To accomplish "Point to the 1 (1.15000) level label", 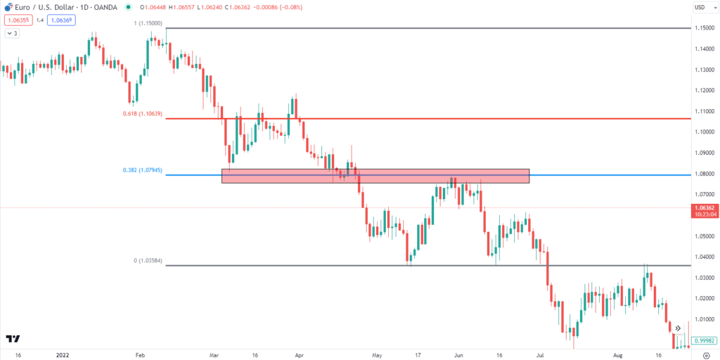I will [149, 23].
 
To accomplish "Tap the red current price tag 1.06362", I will [704, 208].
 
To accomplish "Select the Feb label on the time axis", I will [139, 355].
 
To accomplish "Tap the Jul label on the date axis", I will [540, 355].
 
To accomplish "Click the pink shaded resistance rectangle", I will [375, 176].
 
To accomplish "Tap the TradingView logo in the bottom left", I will [13, 339].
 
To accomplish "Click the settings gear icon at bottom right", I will [706, 355].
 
